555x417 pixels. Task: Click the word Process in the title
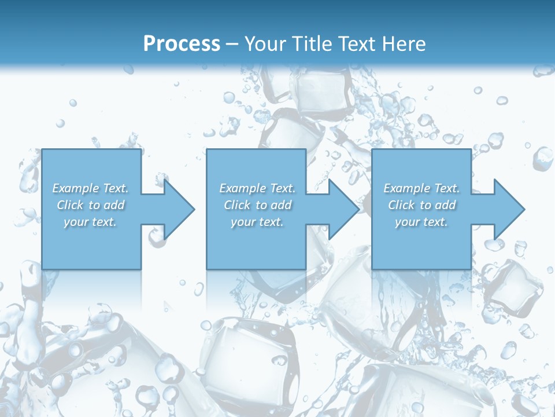pyautogui.click(x=182, y=44)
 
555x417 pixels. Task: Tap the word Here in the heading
pyautogui.click(x=404, y=44)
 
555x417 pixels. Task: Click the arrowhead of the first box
pyautogui.click(x=179, y=209)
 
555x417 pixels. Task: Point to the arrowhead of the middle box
pyautogui.click(x=343, y=209)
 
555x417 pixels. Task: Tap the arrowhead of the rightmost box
pyautogui.click(x=509, y=209)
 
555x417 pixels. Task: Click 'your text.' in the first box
pyautogui.click(x=90, y=222)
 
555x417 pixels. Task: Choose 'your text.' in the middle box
pyautogui.click(x=257, y=222)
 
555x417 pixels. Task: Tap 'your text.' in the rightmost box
pyautogui.click(x=421, y=222)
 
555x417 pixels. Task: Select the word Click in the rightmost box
pyautogui.click(x=402, y=205)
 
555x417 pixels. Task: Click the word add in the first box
pyautogui.click(x=114, y=205)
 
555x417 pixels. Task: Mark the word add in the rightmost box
pyautogui.click(x=446, y=205)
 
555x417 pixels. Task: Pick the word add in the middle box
pyautogui.click(x=282, y=205)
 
